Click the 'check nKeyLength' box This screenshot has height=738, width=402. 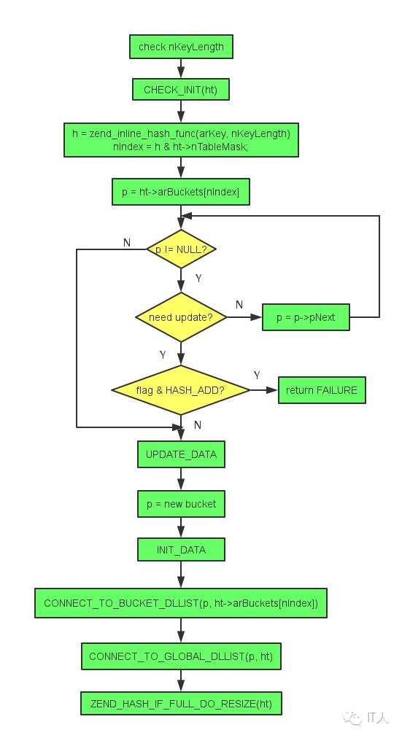[181, 47]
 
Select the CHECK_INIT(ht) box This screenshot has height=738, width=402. [181, 90]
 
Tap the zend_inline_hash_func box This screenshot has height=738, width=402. [181, 140]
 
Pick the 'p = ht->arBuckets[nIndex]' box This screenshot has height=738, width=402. [181, 192]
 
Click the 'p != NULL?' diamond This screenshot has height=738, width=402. [181, 249]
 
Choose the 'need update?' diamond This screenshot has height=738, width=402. [181, 316]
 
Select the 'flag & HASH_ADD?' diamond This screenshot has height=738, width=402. [181, 389]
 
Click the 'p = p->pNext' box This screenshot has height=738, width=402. [306, 316]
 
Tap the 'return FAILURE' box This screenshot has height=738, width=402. [322, 389]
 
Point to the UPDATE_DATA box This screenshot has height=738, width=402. [181, 454]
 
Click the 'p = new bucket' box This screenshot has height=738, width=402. [181, 504]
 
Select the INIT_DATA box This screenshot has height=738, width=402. [181, 550]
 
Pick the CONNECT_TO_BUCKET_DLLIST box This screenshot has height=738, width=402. [181, 603]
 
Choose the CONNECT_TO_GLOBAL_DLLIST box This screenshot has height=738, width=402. [181, 656]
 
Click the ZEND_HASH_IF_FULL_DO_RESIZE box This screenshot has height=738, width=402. [181, 704]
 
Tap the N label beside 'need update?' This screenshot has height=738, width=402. [239, 305]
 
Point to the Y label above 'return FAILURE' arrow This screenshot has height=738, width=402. [257, 375]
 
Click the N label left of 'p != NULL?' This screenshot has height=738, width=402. [127, 242]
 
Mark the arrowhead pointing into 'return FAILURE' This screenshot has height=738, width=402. [273, 389]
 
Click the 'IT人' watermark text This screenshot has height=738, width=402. [377, 718]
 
